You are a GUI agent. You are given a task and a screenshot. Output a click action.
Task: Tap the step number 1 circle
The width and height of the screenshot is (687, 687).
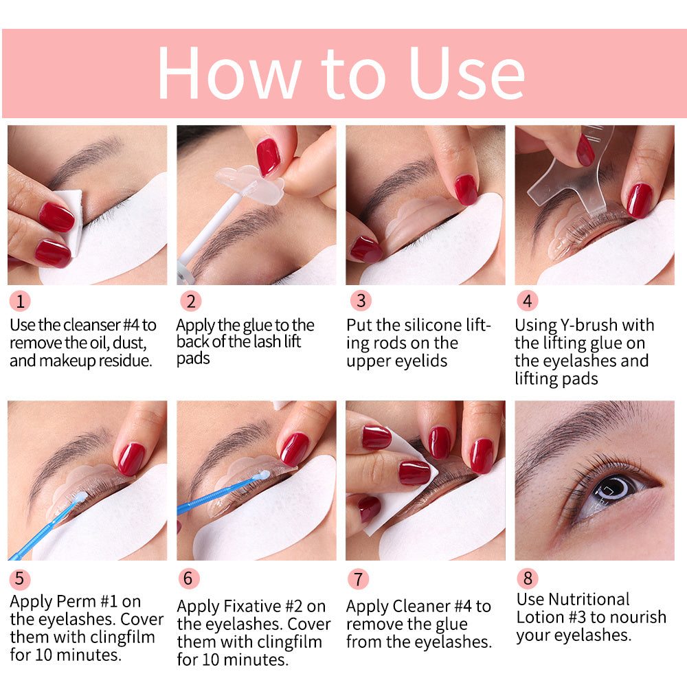[20, 301]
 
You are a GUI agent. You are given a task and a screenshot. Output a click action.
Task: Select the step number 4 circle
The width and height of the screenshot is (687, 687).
[527, 301]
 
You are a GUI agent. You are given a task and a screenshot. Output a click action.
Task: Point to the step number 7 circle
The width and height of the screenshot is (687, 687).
[357, 578]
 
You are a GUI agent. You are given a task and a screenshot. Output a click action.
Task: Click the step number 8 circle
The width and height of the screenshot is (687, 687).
[527, 578]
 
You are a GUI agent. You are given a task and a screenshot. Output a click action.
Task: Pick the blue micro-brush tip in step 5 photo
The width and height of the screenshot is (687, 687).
[80, 496]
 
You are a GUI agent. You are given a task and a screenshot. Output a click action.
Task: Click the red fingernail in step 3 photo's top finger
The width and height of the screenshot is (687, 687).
[466, 189]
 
